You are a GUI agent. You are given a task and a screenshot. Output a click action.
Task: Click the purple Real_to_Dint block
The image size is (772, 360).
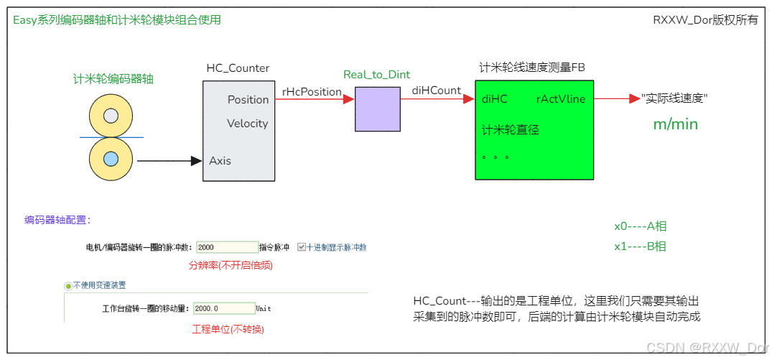[377, 109]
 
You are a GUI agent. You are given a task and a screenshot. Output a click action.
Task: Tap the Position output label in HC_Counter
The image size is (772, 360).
[248, 99]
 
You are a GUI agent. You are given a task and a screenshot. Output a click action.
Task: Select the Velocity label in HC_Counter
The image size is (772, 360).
[247, 124]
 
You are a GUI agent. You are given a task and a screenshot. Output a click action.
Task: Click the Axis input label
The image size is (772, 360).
[220, 161]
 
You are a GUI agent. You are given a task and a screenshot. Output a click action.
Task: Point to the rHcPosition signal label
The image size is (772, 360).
[312, 91]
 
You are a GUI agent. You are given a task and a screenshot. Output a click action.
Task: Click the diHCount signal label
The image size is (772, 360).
[436, 91]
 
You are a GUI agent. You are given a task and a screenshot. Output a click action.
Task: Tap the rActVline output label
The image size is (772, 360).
[560, 99]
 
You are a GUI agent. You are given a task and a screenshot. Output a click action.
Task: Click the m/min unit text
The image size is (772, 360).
[675, 124]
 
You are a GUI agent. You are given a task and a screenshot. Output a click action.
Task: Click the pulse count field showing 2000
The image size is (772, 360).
[226, 247]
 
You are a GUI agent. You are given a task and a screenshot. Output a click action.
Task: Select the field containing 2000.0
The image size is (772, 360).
[223, 308]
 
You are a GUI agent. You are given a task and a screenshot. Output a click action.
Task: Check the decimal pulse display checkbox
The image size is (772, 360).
[302, 247]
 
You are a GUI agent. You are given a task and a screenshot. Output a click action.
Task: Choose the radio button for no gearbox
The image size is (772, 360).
[69, 285]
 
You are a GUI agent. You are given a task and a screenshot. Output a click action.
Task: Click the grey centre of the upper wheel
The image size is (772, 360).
[111, 115]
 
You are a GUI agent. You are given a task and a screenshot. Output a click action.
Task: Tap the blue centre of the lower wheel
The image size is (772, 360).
[111, 159]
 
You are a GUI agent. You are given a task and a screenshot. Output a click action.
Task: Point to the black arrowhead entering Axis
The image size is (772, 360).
[196, 161]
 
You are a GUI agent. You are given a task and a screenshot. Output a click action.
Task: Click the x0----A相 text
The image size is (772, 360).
[640, 226]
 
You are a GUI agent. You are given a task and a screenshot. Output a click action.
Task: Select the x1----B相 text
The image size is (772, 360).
[640, 246]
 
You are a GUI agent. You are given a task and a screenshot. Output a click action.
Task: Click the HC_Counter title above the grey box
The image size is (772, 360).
[238, 68]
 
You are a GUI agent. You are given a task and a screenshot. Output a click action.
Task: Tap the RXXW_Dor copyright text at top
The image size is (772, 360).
[704, 20]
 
